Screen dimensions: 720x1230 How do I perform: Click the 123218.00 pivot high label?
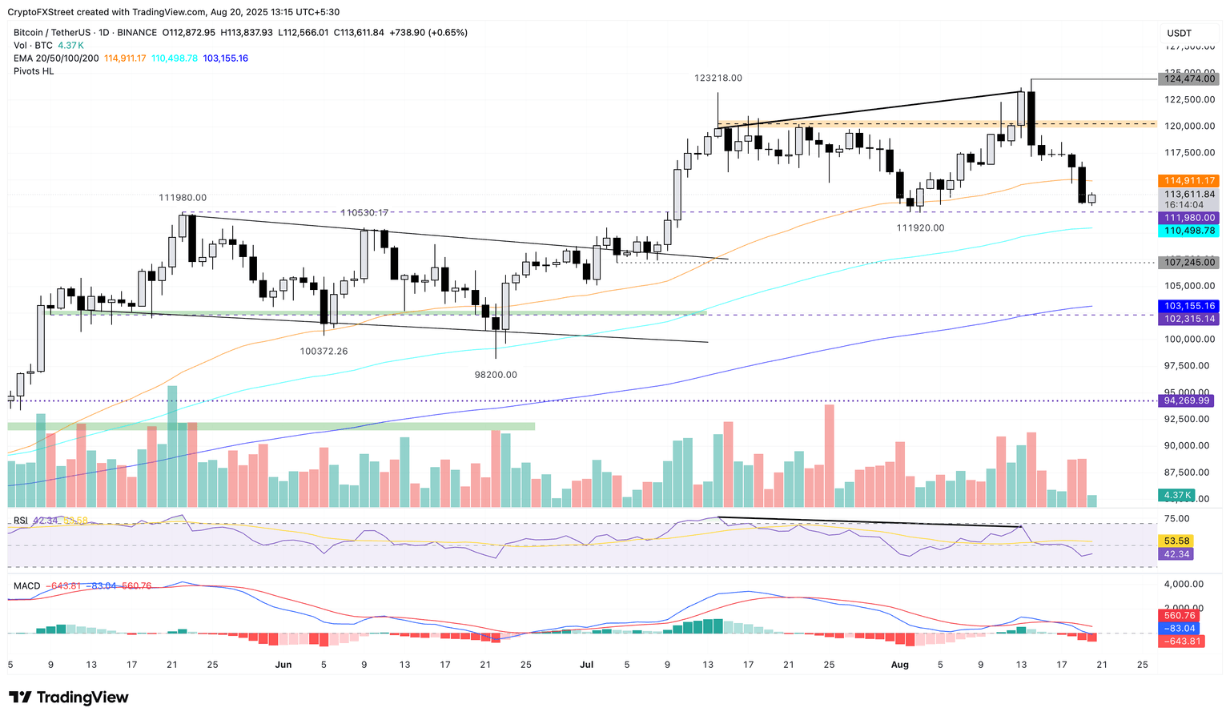click(x=717, y=78)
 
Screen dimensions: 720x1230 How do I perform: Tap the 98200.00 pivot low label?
click(x=496, y=375)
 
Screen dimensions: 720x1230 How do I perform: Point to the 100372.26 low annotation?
click(x=324, y=352)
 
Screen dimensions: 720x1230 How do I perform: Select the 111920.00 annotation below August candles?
click(x=920, y=228)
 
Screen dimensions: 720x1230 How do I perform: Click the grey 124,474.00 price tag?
click(x=1189, y=78)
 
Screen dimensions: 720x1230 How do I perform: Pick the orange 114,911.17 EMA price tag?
click(x=1189, y=181)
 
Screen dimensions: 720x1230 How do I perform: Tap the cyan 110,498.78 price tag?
click(x=1189, y=231)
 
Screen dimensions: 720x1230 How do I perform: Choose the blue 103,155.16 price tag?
click(x=1189, y=306)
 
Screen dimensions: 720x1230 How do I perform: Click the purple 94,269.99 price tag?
click(x=1189, y=400)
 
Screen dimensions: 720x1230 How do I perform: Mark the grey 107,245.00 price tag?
click(x=1189, y=263)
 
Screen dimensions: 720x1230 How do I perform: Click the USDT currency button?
click(x=1179, y=33)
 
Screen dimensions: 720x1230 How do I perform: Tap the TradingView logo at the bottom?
click(x=69, y=698)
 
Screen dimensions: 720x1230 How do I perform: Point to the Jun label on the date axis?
click(x=283, y=665)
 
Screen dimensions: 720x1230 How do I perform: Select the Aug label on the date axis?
click(x=899, y=665)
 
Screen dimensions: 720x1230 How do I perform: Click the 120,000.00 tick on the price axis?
click(x=1189, y=127)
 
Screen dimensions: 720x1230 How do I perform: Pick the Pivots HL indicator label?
click(x=34, y=71)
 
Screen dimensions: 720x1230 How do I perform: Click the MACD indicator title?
click(x=26, y=586)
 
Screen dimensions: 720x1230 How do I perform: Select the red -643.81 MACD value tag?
click(x=1180, y=642)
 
